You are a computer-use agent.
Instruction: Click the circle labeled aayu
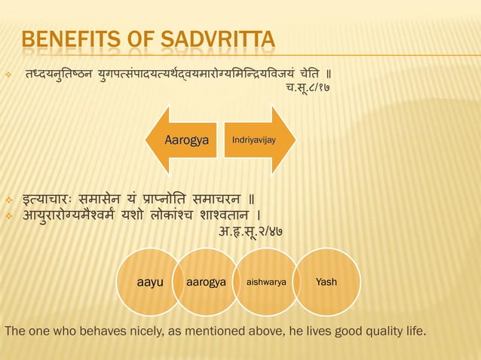tap(150, 282)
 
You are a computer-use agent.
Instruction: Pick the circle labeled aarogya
tap(206, 282)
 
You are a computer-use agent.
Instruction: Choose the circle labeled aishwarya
tap(264, 282)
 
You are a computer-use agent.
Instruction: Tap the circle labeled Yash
tap(326, 282)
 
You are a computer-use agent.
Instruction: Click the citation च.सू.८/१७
tap(307, 87)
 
